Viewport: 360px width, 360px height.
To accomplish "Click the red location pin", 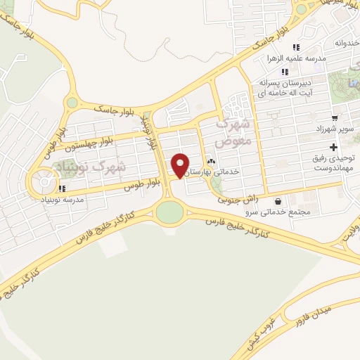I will pyautogui.click(x=180, y=165).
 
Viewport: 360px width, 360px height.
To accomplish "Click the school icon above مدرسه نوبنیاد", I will pyautogui.click(x=63, y=188).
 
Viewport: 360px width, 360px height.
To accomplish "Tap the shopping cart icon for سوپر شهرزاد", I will pyautogui.click(x=334, y=117).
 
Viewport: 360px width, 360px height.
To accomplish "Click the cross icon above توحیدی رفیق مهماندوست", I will pyautogui.click(x=334, y=147).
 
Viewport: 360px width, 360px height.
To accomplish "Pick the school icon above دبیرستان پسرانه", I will pyautogui.click(x=285, y=72).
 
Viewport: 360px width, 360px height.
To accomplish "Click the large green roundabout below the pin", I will pyautogui.click(x=169, y=212).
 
